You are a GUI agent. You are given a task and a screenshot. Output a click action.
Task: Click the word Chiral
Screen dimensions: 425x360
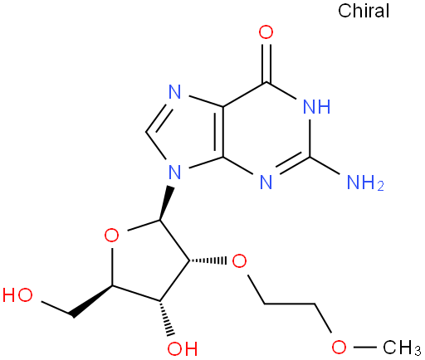(364, 11)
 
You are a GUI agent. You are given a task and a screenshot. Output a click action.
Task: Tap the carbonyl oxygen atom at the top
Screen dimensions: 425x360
(266, 32)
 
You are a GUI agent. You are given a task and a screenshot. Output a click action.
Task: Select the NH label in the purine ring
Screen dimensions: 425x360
(317, 106)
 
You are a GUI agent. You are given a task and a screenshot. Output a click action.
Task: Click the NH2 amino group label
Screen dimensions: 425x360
(365, 182)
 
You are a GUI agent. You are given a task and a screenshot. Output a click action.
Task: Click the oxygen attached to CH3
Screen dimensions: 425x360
(339, 347)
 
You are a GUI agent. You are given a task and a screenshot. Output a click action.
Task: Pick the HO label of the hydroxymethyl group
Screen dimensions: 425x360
(17, 294)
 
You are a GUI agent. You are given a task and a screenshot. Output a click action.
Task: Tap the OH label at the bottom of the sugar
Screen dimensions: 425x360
(183, 349)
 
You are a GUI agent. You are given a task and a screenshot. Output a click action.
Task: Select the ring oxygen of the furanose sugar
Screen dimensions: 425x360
(112, 236)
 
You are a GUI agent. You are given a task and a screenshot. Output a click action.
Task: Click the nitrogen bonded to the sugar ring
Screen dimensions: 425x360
(175, 172)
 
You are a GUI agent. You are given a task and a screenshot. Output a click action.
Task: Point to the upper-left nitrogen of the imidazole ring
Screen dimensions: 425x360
(175, 92)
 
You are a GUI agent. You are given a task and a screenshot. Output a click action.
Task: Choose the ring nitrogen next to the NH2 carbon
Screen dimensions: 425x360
(266, 182)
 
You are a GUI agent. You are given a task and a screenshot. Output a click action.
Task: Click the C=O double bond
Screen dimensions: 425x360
(266, 61)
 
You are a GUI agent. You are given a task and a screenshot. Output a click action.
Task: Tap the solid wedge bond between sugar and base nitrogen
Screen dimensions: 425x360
(166, 203)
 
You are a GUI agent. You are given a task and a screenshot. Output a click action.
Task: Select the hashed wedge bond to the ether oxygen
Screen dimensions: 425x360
(208, 260)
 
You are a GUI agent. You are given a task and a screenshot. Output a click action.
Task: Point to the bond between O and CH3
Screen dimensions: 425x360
(364, 347)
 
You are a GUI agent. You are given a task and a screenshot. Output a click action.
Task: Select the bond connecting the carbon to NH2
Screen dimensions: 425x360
(325, 165)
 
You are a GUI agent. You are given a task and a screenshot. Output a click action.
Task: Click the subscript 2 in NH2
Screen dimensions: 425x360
(381, 187)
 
